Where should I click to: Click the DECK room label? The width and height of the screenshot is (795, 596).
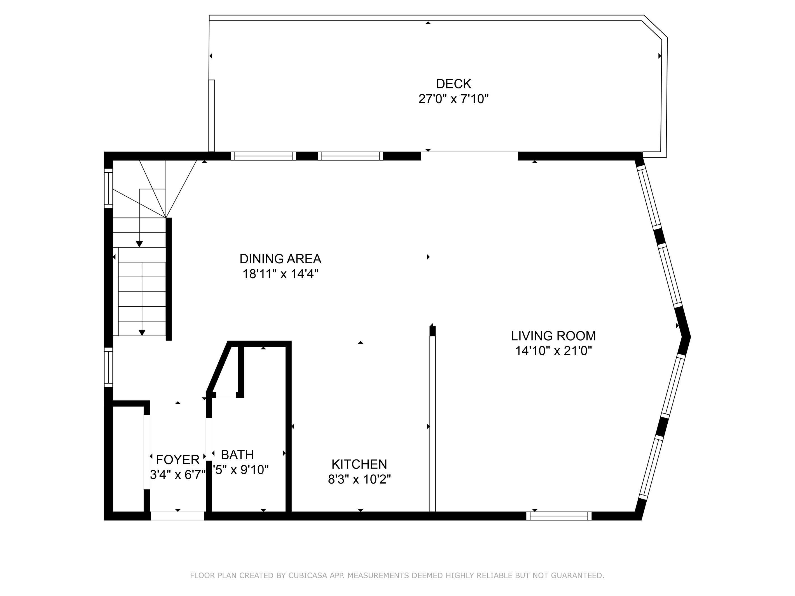click(453, 84)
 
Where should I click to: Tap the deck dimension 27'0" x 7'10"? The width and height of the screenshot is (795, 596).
click(453, 99)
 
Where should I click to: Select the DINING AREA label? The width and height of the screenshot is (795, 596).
click(280, 259)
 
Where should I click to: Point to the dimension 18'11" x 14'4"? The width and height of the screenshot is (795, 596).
click(280, 274)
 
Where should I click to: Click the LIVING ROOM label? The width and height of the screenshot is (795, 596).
click(553, 336)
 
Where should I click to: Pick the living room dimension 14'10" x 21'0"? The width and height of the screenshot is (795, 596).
click(553, 351)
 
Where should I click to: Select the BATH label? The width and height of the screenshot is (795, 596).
click(237, 455)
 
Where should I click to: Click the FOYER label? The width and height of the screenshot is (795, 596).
click(177, 460)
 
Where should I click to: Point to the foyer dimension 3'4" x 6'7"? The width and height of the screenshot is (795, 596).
click(177, 475)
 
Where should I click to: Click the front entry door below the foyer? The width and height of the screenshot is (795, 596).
click(177, 516)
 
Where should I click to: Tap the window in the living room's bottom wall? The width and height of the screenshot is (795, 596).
click(558, 516)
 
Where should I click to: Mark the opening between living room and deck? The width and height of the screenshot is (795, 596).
click(469, 156)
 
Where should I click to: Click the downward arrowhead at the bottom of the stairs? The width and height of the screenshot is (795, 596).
click(142, 333)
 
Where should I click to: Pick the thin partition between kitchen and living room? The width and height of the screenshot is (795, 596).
click(432, 424)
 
